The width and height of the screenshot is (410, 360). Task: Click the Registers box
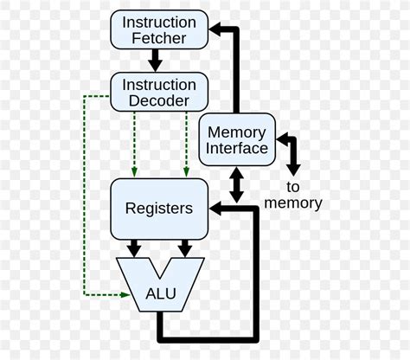(158, 208)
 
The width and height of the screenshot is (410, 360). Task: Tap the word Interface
(238, 148)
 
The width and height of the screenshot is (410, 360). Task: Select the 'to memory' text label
(292, 195)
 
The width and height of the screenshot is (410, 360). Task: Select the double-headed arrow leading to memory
(291, 152)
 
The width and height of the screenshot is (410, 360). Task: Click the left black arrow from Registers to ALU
(132, 248)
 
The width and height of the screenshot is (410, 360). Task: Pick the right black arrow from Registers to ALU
(184, 248)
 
